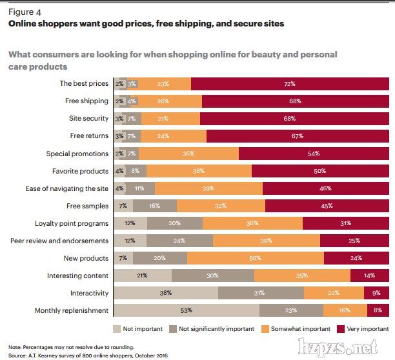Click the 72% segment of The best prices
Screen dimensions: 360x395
[x=289, y=84]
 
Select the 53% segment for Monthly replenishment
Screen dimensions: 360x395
[x=186, y=311]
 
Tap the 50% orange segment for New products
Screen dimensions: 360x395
[x=256, y=258]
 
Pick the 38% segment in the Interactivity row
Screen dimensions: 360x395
[x=165, y=294]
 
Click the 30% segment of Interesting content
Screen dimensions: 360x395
[x=213, y=276]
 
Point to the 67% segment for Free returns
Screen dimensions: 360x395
[x=298, y=136]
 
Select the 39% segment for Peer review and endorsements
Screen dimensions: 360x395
[x=266, y=241]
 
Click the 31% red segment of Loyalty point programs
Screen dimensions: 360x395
[x=345, y=223]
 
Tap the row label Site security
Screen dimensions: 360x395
[x=88, y=119]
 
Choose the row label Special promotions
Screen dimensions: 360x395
[x=77, y=154]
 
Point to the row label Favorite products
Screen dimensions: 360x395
[x=80, y=171]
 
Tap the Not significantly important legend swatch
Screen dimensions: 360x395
[x=172, y=329]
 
